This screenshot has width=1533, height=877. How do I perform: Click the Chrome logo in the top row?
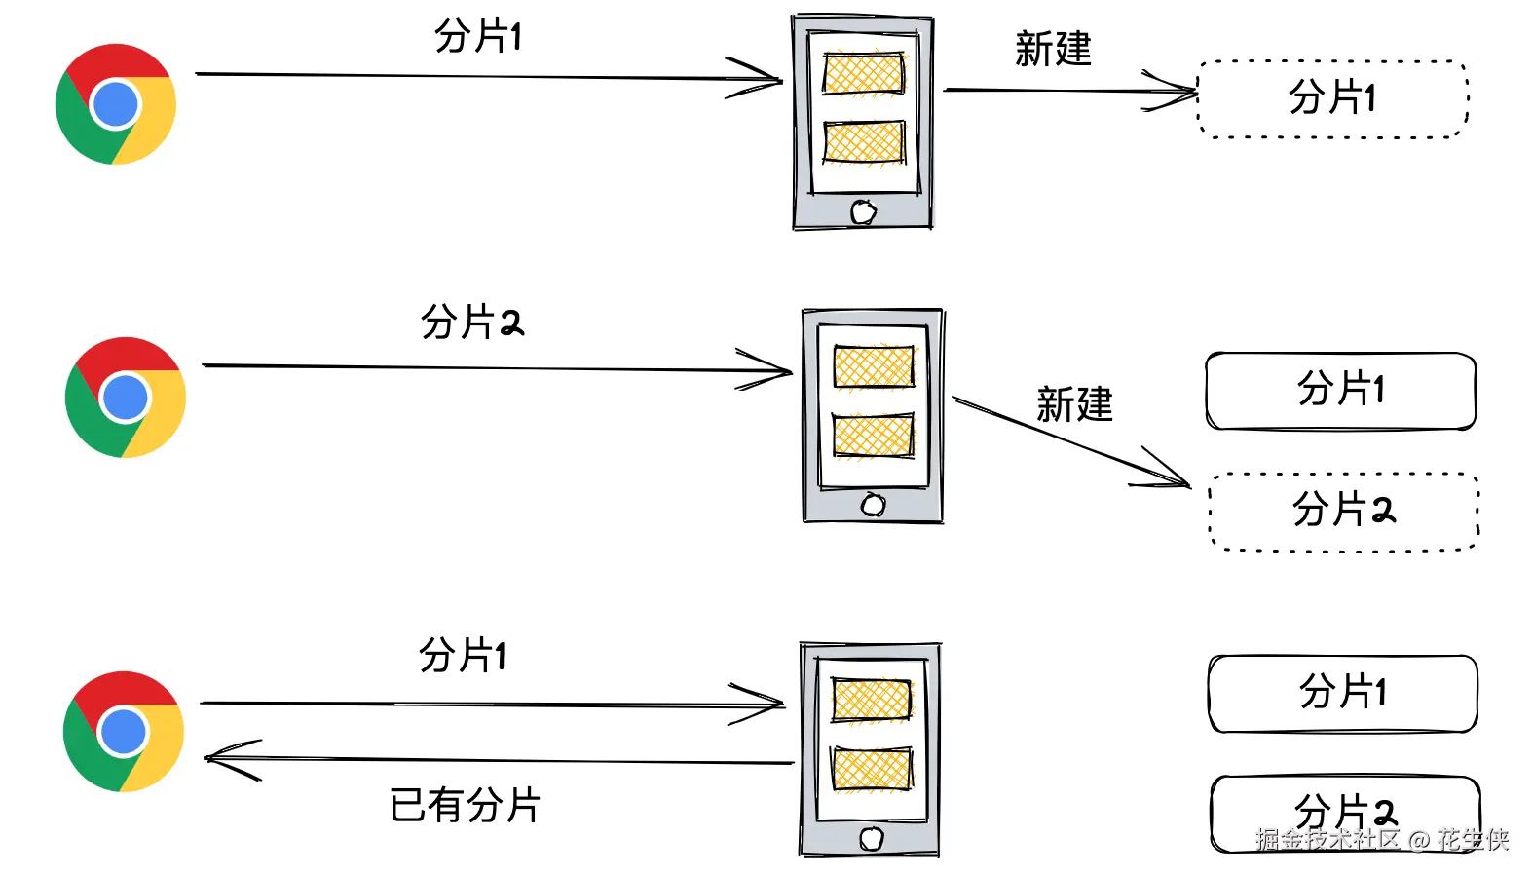(x=116, y=104)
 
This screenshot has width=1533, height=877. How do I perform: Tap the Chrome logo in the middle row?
(x=125, y=398)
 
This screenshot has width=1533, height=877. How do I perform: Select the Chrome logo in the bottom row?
(x=123, y=732)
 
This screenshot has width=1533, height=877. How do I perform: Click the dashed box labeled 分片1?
(x=1332, y=98)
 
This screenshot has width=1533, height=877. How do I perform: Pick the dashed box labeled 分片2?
(x=1343, y=511)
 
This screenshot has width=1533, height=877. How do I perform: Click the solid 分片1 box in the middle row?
(x=1340, y=390)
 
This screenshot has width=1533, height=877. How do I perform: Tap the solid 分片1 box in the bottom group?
(x=1342, y=693)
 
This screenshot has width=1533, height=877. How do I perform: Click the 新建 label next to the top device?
(x=1053, y=49)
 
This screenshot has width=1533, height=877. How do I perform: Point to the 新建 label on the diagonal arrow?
(x=1074, y=404)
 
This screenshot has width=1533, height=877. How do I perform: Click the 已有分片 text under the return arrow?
(x=465, y=806)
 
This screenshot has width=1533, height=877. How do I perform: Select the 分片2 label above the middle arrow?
(x=471, y=322)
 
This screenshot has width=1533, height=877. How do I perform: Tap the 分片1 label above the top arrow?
(x=477, y=37)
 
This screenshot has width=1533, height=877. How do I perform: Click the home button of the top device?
(x=863, y=211)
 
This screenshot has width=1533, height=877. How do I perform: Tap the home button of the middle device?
(x=873, y=505)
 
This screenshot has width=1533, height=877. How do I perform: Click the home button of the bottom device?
(x=871, y=838)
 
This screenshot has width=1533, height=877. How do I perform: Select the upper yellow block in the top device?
(x=863, y=73)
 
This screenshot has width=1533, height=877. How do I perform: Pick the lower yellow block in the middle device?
(x=874, y=435)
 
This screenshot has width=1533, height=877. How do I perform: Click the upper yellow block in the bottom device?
(x=872, y=700)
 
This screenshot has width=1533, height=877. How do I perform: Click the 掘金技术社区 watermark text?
(x=1327, y=839)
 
